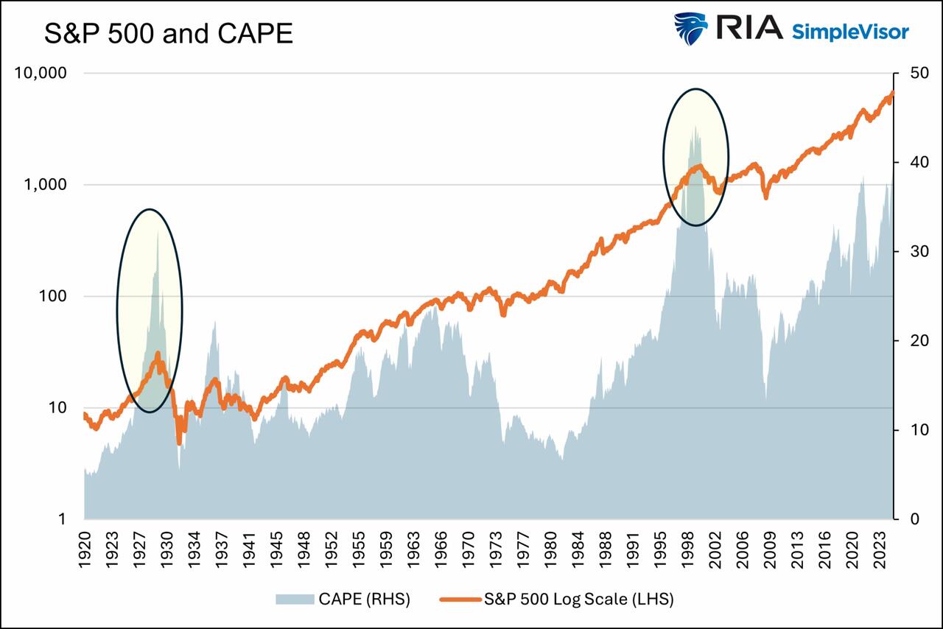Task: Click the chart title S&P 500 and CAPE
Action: [169, 34]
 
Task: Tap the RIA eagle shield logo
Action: [690, 29]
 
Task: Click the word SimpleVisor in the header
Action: [850, 31]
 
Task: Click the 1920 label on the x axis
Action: [85, 549]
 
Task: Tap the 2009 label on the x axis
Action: [768, 549]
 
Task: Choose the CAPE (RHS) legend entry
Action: [343, 600]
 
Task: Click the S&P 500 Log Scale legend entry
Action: [557, 600]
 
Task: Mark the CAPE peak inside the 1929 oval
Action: [157, 233]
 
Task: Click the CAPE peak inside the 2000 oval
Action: [694, 127]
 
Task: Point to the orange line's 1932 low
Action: [179, 443]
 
